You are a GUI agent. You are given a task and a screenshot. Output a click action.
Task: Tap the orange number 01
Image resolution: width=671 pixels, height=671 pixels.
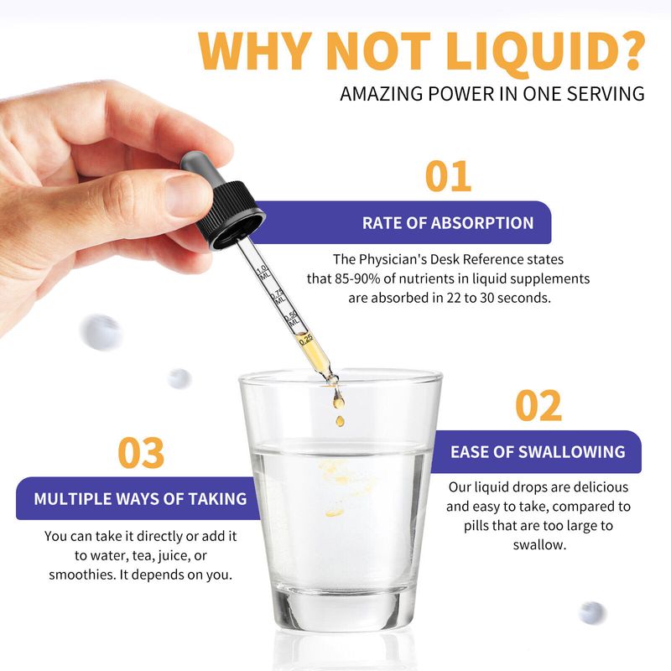pyautogui.click(x=448, y=176)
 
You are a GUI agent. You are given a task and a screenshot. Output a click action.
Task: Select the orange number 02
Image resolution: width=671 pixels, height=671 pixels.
pyautogui.click(x=538, y=405)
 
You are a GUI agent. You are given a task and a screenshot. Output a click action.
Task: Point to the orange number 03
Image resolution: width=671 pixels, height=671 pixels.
pyautogui.click(x=141, y=452)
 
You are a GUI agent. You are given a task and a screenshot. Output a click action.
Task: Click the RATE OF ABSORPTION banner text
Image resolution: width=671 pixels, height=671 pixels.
pyautogui.click(x=448, y=223)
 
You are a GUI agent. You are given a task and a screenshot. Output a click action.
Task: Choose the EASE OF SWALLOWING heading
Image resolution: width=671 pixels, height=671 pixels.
pyautogui.click(x=538, y=452)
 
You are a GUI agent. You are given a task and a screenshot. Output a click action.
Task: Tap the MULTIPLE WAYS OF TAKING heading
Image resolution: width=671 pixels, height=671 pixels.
pyautogui.click(x=140, y=499)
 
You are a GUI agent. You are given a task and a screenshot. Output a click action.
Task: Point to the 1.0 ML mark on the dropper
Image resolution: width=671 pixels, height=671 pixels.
pyautogui.click(x=263, y=272)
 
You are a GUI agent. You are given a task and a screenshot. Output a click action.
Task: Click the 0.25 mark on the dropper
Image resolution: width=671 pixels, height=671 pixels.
pyautogui.click(x=306, y=340)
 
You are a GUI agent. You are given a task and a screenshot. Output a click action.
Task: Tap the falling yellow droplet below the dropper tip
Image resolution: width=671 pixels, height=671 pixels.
pyautogui.click(x=340, y=421)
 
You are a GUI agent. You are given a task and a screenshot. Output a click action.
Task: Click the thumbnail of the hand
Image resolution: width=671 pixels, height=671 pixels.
pyautogui.click(x=187, y=195)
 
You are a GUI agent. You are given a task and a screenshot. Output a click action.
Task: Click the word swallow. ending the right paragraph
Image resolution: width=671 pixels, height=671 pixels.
pyautogui.click(x=539, y=544)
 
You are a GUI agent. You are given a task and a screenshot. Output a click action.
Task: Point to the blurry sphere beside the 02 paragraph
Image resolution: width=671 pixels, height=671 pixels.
pyautogui.click(x=592, y=612)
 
